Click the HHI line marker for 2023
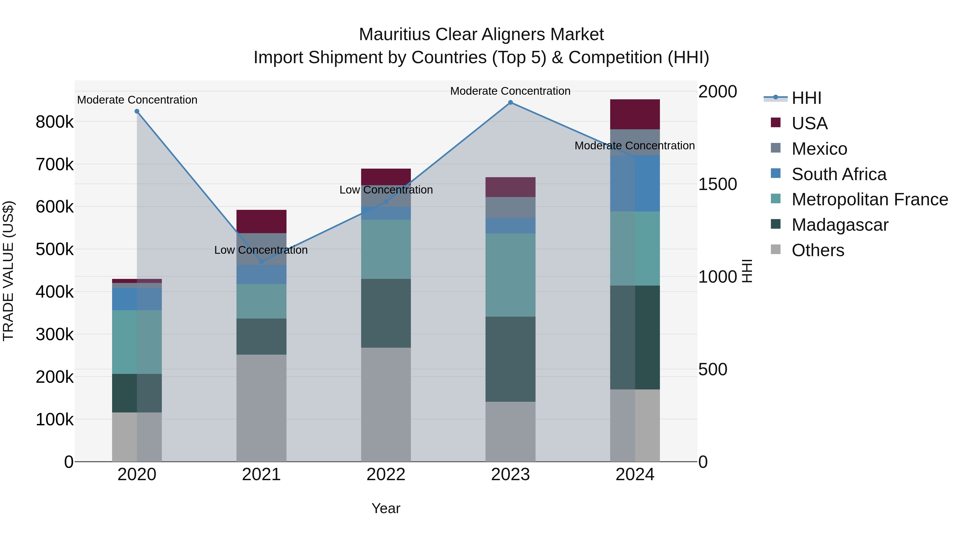click(510, 103)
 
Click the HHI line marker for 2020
click(137, 111)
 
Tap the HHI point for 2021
click(261, 262)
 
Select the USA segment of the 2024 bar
click(635, 115)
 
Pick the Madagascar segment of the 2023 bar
click(510, 359)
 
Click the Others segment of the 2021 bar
click(261, 408)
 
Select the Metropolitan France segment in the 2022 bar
click(386, 249)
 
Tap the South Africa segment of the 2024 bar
click(635, 183)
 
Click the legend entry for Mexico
click(819, 149)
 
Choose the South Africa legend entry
click(839, 174)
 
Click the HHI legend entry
click(806, 98)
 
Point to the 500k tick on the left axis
click(55, 249)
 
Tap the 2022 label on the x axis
click(386, 475)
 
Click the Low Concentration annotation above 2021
click(261, 250)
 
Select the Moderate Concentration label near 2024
click(635, 146)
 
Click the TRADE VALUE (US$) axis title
click(8, 271)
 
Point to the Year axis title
click(386, 508)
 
